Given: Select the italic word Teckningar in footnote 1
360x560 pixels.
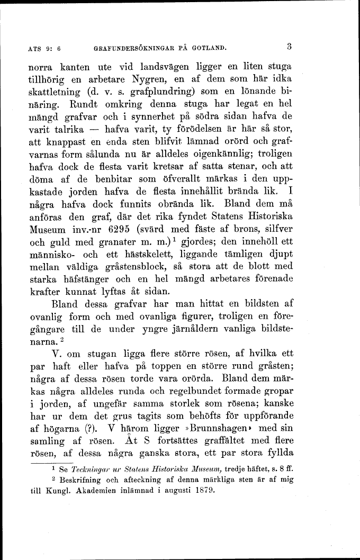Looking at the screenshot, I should pos(93,469).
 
